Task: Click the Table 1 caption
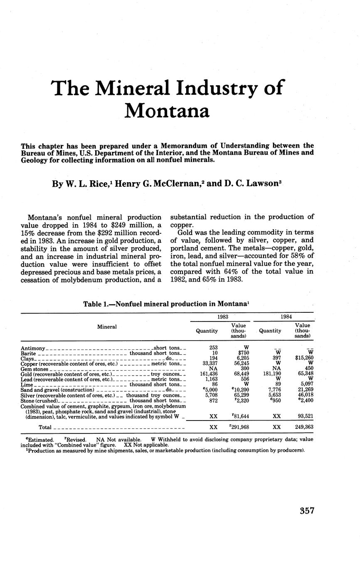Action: point(166,304)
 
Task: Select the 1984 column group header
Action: point(286,317)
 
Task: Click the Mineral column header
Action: point(107,327)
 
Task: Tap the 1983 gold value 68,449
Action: point(241,374)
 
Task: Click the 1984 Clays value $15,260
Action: point(303,358)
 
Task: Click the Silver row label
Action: point(27,395)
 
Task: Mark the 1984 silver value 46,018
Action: point(305,395)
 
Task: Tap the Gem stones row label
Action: point(34,369)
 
